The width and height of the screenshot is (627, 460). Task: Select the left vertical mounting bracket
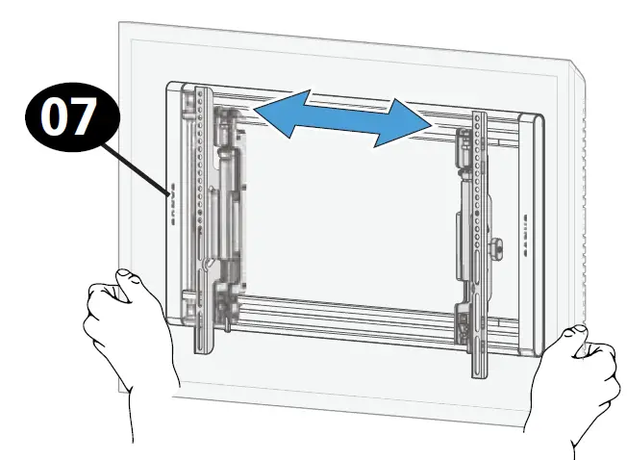(203, 221)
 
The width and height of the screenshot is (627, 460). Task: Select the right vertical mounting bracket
(478, 241)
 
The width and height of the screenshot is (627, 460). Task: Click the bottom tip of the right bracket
(480, 372)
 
